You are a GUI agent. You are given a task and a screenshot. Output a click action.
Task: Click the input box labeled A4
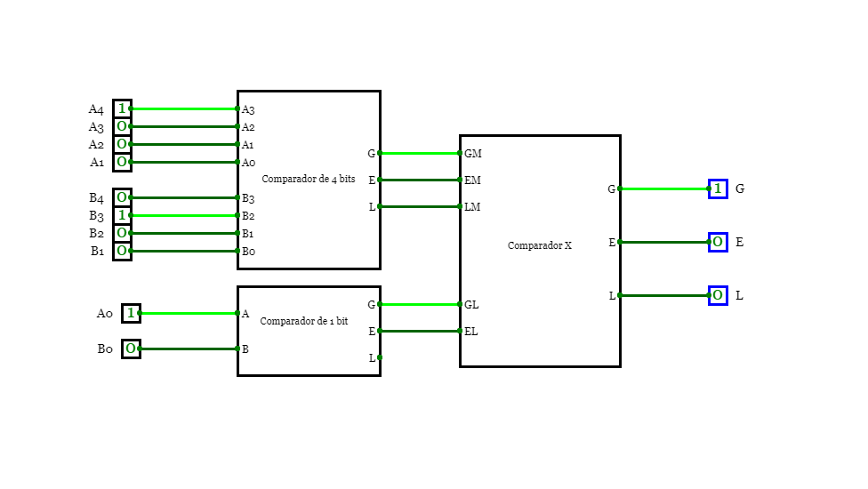(x=122, y=108)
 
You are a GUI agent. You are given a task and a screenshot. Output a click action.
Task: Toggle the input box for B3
(x=122, y=215)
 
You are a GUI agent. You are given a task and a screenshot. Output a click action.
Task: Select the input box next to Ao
(x=131, y=313)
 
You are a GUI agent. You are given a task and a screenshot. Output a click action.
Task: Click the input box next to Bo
(x=131, y=349)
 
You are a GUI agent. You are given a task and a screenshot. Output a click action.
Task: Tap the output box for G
(x=718, y=188)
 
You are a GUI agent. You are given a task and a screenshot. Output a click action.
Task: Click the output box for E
(x=718, y=242)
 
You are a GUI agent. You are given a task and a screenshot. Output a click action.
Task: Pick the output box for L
(x=718, y=295)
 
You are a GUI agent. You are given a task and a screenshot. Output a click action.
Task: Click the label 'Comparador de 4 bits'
(x=308, y=180)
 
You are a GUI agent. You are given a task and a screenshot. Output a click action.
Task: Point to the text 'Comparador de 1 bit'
(x=303, y=321)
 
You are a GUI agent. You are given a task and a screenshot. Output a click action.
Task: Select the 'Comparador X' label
(x=540, y=245)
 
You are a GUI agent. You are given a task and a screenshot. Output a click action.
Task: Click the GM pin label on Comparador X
(x=473, y=154)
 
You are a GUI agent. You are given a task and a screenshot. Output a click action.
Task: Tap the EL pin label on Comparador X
(x=471, y=332)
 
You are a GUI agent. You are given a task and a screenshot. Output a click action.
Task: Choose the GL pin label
(x=471, y=305)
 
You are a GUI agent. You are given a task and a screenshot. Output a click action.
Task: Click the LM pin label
(x=472, y=207)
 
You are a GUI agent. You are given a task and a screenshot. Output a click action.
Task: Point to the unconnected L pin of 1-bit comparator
(x=380, y=357)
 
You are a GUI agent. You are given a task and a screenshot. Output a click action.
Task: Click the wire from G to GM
(x=420, y=153)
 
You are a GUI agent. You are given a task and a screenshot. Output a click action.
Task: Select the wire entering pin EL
(x=420, y=331)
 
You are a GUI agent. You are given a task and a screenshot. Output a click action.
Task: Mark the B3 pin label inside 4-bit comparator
(x=248, y=198)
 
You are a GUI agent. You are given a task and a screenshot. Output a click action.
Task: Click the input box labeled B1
(x=122, y=251)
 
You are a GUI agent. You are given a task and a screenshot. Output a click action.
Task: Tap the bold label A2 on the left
(x=96, y=144)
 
